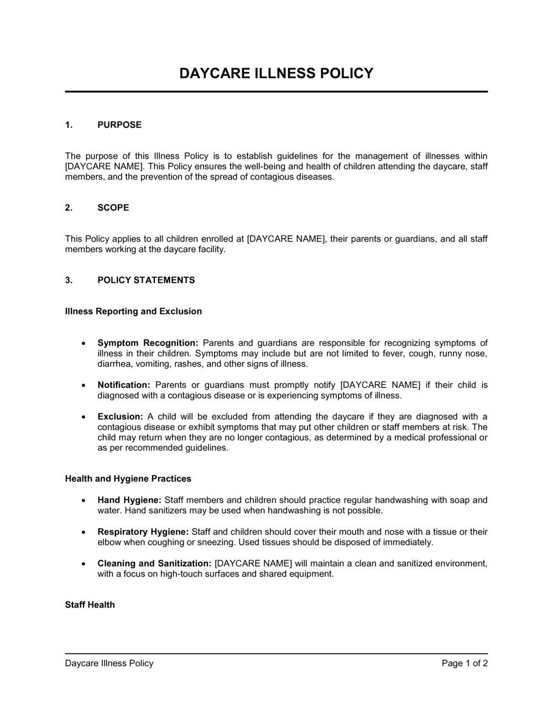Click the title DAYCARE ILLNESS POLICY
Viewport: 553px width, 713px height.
coord(276,74)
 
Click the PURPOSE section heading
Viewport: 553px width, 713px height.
coord(119,125)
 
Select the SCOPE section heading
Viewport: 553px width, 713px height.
coord(113,208)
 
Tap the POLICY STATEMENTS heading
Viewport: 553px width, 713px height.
coord(146,280)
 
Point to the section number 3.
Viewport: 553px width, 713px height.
coord(69,280)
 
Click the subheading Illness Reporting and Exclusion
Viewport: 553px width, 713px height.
coord(133,312)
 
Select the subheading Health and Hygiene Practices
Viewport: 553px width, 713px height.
coord(128,479)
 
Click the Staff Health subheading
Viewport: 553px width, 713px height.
coord(90,605)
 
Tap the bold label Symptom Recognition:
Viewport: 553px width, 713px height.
coord(148,343)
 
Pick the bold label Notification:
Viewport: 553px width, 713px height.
coord(124,385)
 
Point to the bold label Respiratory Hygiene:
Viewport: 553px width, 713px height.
coord(143,532)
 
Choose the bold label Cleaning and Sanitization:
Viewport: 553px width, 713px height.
coord(154,564)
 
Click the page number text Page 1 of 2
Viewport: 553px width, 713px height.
coord(465,663)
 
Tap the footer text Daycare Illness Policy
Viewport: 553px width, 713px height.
coord(109,663)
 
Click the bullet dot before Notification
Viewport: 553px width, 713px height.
coord(83,385)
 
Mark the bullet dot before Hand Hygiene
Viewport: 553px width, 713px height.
coord(83,500)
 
